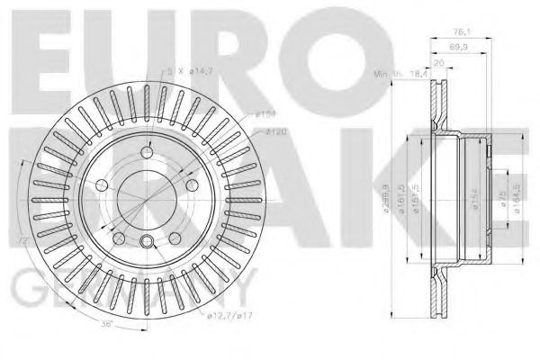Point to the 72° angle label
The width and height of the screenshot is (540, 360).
22,240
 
